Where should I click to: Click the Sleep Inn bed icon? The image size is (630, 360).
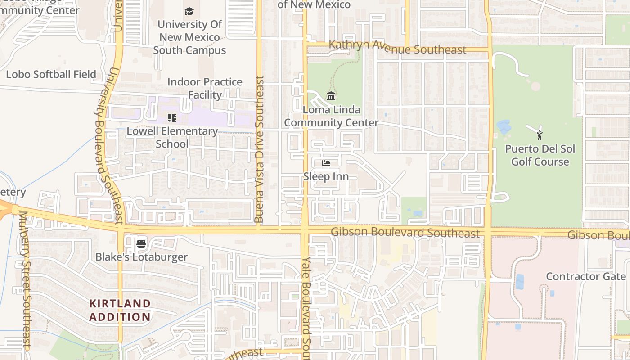coord(326,163)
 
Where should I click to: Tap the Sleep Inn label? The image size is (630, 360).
coord(326,176)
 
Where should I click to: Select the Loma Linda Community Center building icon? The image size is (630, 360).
coord(331,96)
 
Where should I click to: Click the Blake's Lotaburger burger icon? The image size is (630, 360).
coord(141,244)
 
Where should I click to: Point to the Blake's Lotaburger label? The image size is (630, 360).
coord(141,257)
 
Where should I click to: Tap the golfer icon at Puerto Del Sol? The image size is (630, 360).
coord(539,135)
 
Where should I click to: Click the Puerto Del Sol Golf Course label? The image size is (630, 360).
coord(540,155)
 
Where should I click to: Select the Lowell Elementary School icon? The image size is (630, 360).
coord(171,118)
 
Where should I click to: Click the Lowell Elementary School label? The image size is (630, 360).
coord(172,137)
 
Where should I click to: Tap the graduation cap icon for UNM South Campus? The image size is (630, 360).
coord(189,11)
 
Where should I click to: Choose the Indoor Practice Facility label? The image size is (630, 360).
coord(205,88)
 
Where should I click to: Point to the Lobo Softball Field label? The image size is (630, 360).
coord(51,74)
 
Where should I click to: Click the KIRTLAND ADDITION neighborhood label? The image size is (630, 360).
coord(120,310)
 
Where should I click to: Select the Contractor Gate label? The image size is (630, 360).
coord(585,276)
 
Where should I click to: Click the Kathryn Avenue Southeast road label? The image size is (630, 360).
coord(397,47)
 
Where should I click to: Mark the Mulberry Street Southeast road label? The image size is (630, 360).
coord(24,279)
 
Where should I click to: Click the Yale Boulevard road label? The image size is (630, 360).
coord(306,308)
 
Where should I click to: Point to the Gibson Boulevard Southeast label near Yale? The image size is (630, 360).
coord(405,233)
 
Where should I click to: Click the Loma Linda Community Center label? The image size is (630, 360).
coord(331,116)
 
